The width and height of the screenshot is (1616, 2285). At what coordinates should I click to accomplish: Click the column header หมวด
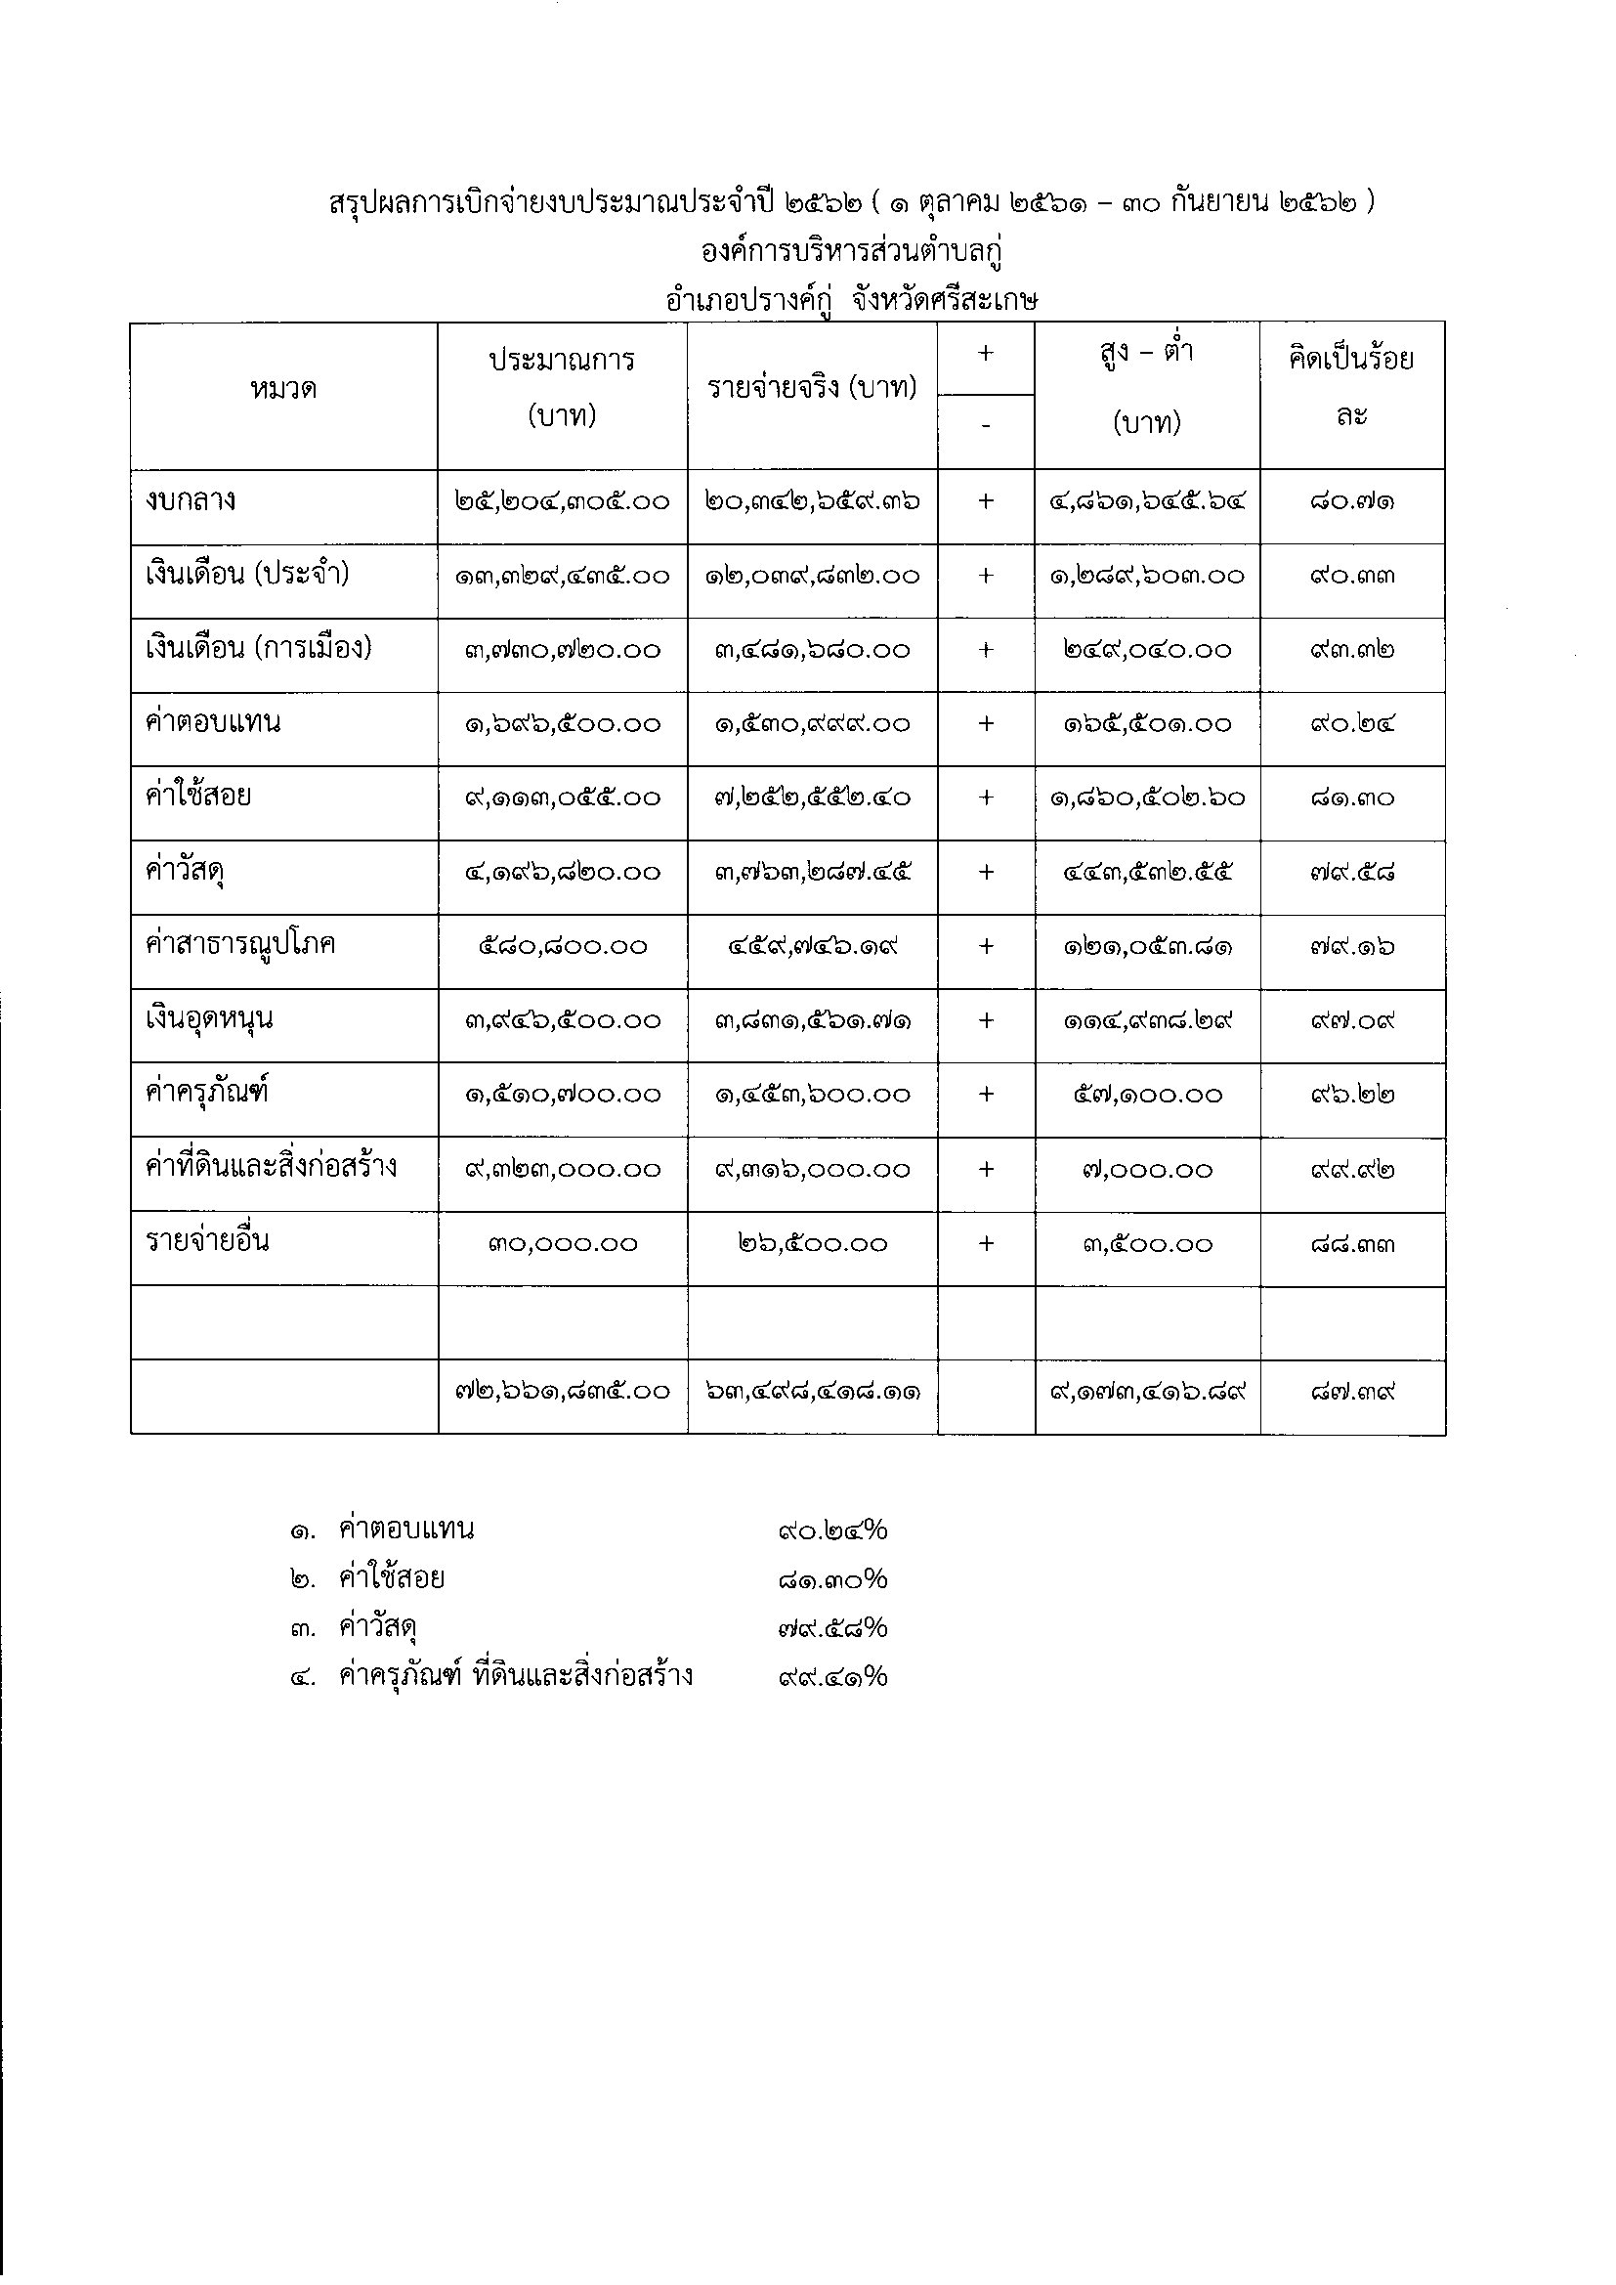283,389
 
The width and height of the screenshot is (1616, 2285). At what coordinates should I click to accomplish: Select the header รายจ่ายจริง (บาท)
812,387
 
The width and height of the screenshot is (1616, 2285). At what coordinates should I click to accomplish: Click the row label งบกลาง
191,499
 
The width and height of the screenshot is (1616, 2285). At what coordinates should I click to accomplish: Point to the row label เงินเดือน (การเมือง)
258,649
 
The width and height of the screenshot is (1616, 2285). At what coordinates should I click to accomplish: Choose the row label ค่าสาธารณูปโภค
239,943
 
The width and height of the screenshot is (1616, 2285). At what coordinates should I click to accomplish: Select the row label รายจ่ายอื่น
207,1241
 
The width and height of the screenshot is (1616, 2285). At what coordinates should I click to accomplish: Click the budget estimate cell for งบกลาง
562,501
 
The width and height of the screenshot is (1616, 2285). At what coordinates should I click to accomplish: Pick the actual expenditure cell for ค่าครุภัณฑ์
812,1095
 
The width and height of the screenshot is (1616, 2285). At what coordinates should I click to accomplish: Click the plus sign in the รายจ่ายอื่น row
986,1243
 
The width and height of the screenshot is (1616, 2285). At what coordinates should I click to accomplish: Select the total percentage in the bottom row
1352,1392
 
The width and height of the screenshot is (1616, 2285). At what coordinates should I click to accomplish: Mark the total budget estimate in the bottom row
562,1392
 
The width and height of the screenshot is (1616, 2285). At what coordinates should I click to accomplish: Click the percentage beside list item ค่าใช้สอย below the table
832,1579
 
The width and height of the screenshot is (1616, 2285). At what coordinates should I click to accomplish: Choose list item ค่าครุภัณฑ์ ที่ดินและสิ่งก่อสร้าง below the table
516,1677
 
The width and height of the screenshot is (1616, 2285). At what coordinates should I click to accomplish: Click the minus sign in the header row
986,425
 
